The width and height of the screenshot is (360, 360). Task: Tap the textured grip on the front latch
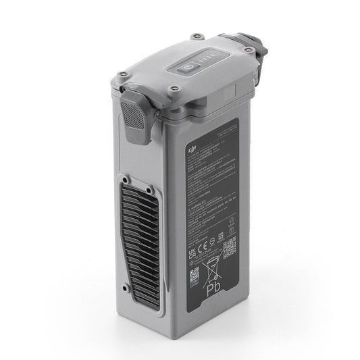pyautogui.click(x=135, y=112)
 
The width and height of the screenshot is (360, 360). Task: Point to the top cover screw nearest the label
pyautogui.click(x=174, y=88)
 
